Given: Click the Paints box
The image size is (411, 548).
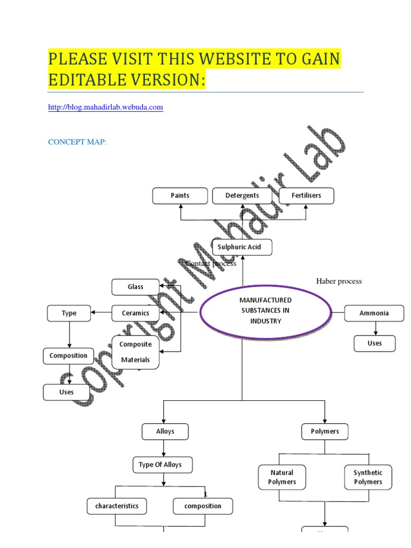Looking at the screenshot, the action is (180, 196).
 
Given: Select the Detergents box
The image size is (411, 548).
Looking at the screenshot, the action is (242, 196).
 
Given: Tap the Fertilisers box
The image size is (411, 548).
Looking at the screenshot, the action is (307, 196).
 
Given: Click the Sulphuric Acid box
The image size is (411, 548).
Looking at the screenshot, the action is (242, 247).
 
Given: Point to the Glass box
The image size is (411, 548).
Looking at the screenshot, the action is (135, 287).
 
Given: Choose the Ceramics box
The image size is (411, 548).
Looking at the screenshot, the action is (135, 313).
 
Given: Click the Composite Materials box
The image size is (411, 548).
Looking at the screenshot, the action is (136, 352).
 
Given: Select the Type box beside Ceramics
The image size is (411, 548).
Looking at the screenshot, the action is (69, 313).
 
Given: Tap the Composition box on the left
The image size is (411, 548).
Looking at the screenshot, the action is (68, 356).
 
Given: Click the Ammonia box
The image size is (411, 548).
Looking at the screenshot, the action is (374, 313).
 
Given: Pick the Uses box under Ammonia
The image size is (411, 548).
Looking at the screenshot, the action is (375, 344).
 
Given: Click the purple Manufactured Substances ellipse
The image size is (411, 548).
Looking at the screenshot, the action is (265, 314).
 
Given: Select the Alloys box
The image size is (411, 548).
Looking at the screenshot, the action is (165, 431).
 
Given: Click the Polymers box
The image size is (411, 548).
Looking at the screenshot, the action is (325, 431).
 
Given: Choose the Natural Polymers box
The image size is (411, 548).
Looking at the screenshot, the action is (281, 477).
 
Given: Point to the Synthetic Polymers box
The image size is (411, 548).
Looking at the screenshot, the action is (368, 477).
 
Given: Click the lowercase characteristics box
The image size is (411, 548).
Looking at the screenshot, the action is (117, 506).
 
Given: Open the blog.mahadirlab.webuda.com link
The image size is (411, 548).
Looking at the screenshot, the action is (105, 108).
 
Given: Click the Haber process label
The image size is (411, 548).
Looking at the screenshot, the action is (339, 281).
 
